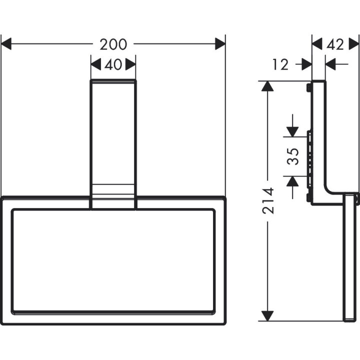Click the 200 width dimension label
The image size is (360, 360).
tap(113, 44)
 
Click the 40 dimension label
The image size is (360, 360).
tap(113, 64)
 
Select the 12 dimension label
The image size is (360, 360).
tap(281, 64)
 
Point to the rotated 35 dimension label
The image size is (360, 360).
tap(293, 156)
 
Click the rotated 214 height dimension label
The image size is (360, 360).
tap(268, 200)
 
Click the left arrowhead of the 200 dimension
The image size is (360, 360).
tap(6, 44)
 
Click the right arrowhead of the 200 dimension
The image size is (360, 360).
tap(220, 44)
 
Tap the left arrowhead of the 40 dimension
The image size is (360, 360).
tap(95, 64)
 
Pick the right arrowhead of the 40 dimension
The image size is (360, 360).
tap(130, 64)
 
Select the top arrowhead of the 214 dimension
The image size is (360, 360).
tap(268, 86)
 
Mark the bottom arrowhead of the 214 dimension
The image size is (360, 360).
tap(268, 315)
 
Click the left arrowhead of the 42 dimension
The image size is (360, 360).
tap(317, 44)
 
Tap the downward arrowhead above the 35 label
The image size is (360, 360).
tap(292, 131)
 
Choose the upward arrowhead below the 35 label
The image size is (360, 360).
tap(292, 180)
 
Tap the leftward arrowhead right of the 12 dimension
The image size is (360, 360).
tap(330, 64)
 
